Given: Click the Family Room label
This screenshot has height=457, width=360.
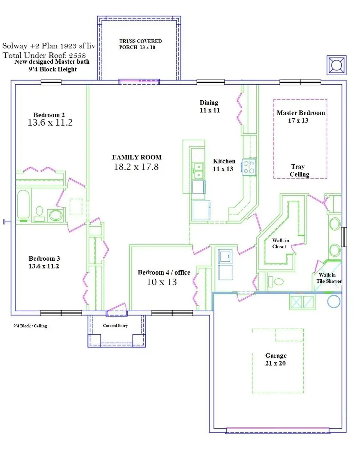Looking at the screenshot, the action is (x=137, y=157).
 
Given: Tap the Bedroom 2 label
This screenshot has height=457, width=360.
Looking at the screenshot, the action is (x=49, y=115).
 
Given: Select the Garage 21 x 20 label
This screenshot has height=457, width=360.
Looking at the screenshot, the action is (x=276, y=359).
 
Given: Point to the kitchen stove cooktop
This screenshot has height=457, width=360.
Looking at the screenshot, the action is (x=249, y=167).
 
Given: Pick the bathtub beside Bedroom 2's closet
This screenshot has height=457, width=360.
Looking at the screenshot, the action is (x=23, y=204).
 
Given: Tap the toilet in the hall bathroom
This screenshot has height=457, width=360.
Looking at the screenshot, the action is (x=39, y=214).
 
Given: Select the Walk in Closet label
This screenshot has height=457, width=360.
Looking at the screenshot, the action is (x=280, y=243).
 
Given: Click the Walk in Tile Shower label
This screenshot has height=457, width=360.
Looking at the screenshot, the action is (x=329, y=278).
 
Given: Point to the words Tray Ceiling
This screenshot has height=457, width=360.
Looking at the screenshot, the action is (x=299, y=170).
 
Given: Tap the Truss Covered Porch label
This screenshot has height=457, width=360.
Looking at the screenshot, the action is (x=140, y=44).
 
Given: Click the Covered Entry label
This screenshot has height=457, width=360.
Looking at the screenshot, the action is (x=115, y=325).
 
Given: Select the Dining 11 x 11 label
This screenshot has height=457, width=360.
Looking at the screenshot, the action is (x=210, y=106).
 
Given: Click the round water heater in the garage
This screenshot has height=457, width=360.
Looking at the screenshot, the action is (x=334, y=302).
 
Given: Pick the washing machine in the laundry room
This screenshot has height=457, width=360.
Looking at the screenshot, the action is (x=225, y=256).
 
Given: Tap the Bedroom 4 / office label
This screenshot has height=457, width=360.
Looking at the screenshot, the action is (x=164, y=272).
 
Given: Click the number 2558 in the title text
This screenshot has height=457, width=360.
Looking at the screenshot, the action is (x=77, y=56).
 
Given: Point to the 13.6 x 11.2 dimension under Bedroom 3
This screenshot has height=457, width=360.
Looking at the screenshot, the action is (x=44, y=266).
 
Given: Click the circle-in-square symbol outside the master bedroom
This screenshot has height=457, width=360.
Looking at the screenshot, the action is (x=336, y=65).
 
